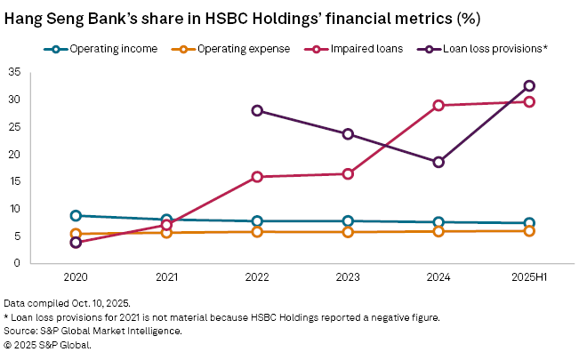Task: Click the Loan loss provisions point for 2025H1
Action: click(x=529, y=85)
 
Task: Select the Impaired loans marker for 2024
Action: click(x=438, y=105)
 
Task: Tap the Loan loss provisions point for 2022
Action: click(x=257, y=110)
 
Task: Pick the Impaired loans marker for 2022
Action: click(x=257, y=177)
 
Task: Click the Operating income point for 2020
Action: click(x=76, y=216)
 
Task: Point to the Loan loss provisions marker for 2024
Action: click(x=438, y=162)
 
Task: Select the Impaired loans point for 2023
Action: click(x=348, y=173)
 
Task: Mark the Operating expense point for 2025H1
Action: click(x=529, y=231)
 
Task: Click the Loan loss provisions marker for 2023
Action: click(x=348, y=134)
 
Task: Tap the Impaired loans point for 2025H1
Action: click(x=529, y=101)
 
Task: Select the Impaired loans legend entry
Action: click(x=349, y=49)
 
